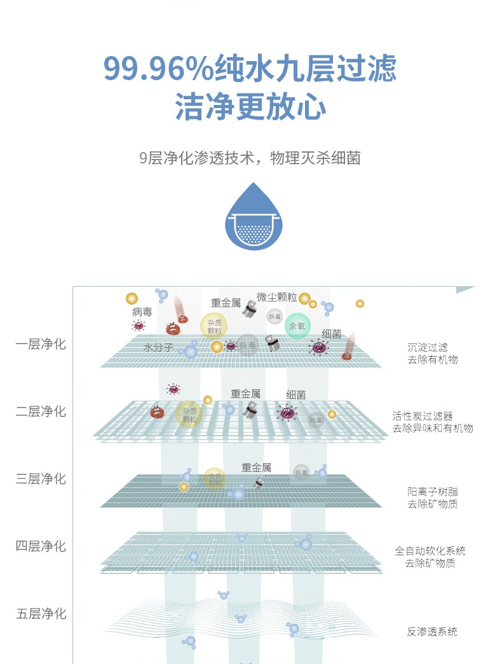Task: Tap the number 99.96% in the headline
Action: (159, 69)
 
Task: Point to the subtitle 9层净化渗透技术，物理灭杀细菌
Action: (250, 158)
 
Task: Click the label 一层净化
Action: (41, 344)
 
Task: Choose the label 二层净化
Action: (41, 412)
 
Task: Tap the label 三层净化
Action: (41, 478)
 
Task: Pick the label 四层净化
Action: (41, 546)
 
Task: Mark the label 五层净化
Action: (41, 614)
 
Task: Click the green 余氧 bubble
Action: (297, 326)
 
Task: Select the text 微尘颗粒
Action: (277, 297)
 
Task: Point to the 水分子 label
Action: (158, 348)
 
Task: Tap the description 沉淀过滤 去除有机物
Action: (432, 354)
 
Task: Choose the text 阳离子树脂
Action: (432, 492)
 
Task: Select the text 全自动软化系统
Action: (430, 551)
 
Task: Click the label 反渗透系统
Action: (432, 632)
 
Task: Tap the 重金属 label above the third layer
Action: (256, 467)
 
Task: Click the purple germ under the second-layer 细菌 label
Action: (288, 412)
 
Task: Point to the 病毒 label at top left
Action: (142, 312)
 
